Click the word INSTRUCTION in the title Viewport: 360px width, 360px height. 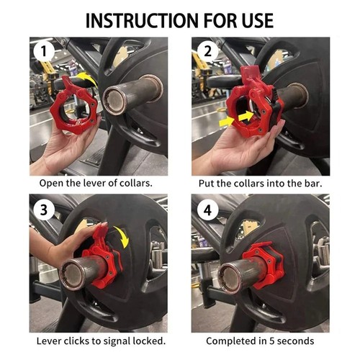coord(142,21)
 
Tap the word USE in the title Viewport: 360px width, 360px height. coord(258,21)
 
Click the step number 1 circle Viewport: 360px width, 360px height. coord(44,52)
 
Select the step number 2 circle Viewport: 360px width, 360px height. coord(208,52)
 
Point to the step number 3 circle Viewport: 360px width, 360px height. coord(44,210)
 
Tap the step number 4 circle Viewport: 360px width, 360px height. coord(208,210)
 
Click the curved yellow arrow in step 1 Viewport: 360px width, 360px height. coord(87,77)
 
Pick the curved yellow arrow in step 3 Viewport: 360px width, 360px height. coord(123,235)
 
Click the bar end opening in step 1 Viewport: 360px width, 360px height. coord(115,99)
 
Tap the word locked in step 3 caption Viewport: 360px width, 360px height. coord(149,341)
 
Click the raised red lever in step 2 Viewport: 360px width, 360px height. coord(250,74)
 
